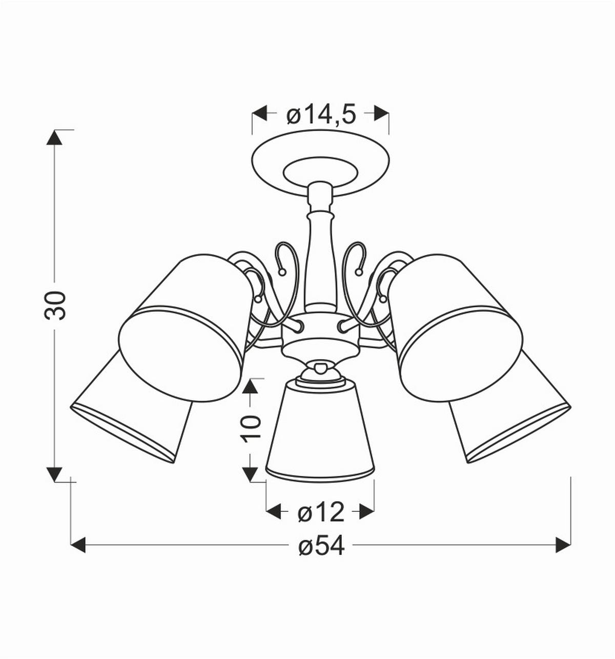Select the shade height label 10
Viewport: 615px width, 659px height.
pos(251,429)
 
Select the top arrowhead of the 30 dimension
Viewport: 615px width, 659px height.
pos(54,137)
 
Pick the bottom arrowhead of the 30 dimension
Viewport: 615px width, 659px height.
pos(54,474)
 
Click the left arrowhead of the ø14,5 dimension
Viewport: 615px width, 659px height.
pos(260,113)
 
